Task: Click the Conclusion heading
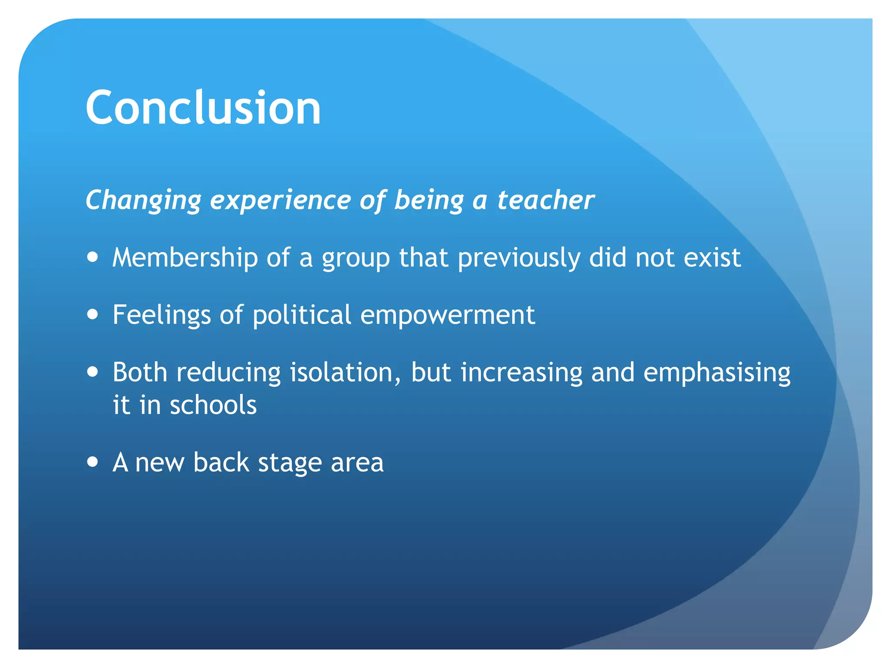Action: (x=203, y=107)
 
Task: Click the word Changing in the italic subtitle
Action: (x=143, y=200)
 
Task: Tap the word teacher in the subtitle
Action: (x=546, y=200)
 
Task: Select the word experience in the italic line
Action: (x=281, y=200)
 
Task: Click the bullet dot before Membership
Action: (x=92, y=257)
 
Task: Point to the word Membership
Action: (x=185, y=257)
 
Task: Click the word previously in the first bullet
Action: (x=519, y=258)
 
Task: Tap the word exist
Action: (x=712, y=257)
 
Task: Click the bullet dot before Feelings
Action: (x=92, y=314)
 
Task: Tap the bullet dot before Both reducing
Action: (x=92, y=372)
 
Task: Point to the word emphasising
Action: (x=717, y=374)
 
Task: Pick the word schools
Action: (x=213, y=405)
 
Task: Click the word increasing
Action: (x=521, y=374)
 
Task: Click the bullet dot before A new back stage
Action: (x=92, y=461)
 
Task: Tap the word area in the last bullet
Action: (x=357, y=463)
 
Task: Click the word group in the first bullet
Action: (x=355, y=258)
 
